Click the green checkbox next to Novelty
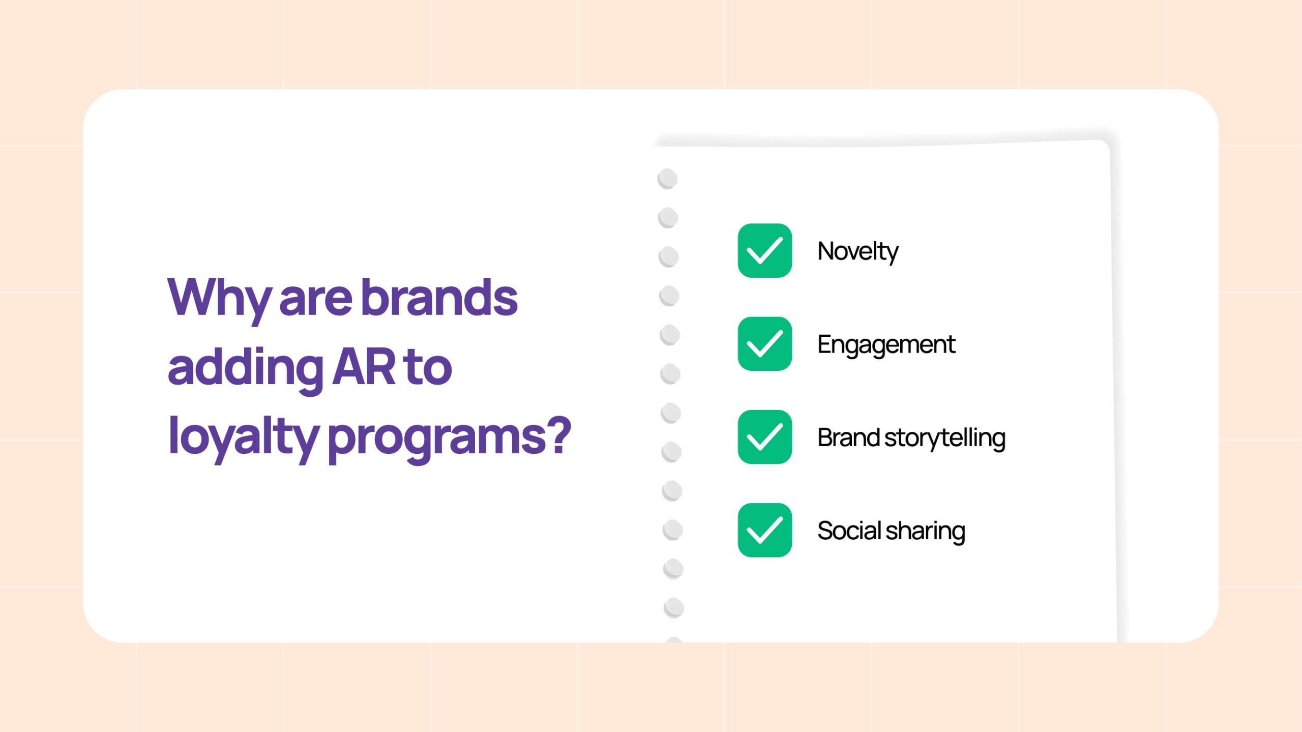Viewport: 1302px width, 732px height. (x=764, y=250)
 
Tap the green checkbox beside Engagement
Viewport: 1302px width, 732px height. (x=764, y=344)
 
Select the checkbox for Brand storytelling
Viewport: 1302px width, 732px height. (x=764, y=437)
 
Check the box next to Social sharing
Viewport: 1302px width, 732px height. (x=764, y=530)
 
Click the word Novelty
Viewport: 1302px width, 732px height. (x=857, y=251)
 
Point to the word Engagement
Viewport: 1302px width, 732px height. (x=886, y=345)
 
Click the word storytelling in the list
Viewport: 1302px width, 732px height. (x=944, y=438)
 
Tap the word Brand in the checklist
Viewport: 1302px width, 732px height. (x=848, y=437)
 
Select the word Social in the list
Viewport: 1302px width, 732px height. (x=848, y=531)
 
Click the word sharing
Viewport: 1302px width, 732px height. (x=925, y=532)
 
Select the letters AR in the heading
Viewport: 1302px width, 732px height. (x=364, y=367)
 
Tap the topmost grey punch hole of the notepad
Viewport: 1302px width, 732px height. (x=667, y=179)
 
